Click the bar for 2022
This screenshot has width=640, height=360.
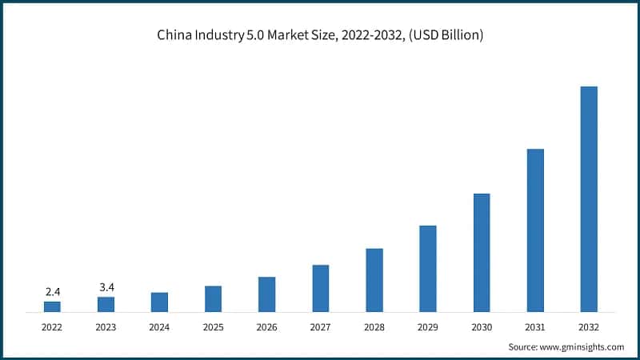coord(52,306)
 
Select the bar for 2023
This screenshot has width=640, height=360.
coord(106,303)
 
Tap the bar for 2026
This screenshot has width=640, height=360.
coord(266,294)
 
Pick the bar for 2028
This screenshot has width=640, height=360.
coord(374,279)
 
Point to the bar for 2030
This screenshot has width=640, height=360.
coord(482,252)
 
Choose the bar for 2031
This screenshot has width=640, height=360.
coord(535,230)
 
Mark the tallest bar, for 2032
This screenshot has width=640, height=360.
coord(589,198)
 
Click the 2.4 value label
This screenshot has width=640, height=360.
coord(52,292)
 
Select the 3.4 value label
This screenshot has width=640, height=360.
coord(106,287)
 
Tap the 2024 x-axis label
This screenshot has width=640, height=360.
coord(159,327)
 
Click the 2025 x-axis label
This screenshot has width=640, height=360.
coord(213,327)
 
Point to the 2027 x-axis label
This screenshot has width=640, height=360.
coord(320,327)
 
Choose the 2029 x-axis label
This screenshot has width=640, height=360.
coord(428,327)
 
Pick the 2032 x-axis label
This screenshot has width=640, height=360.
coord(589,327)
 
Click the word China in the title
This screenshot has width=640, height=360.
coord(174,35)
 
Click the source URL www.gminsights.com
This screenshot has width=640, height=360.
coord(582,346)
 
